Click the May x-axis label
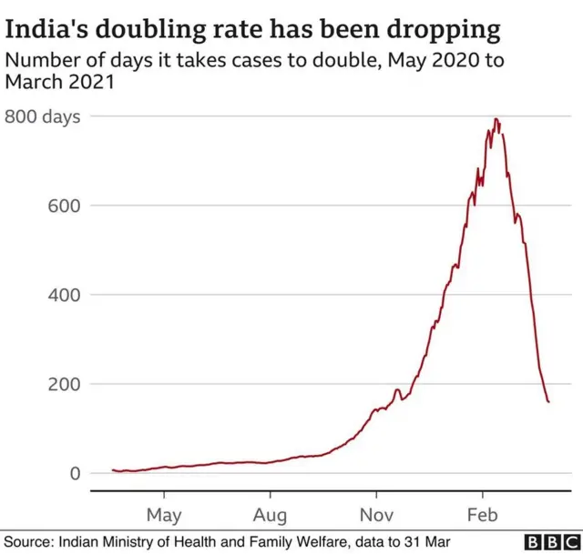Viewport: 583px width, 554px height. click(164, 515)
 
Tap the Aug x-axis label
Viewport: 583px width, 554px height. click(271, 515)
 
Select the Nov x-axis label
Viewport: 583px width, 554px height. click(376, 515)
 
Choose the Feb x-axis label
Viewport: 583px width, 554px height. click(483, 515)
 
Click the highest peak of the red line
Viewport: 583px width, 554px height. click(496, 119)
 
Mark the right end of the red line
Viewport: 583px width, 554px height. click(548, 401)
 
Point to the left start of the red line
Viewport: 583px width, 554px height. click(112, 469)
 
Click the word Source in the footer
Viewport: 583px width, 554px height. click(29, 542)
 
